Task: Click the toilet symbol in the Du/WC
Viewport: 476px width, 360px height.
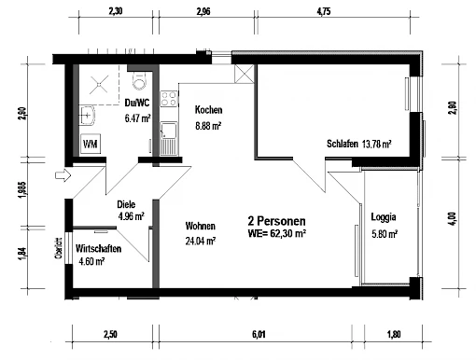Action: coord(139,80)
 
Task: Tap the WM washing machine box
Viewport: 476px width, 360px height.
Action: coord(91,144)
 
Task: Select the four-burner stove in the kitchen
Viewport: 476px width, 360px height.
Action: coord(169,99)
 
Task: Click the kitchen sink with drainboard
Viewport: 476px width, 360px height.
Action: coord(169,139)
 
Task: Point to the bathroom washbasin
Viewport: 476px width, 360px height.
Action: coord(87,116)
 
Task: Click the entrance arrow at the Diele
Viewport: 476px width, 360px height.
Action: coord(63,175)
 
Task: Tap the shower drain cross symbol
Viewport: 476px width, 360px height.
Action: coord(99,84)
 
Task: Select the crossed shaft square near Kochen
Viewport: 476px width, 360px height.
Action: coord(245,74)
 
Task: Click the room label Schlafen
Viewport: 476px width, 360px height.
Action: coord(343,144)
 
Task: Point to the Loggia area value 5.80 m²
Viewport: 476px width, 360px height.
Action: coord(385,233)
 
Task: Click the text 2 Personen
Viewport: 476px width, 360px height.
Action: coord(276,221)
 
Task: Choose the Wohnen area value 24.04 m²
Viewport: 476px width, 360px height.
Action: coord(201,241)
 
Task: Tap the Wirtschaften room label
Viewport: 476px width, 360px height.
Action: coord(98,249)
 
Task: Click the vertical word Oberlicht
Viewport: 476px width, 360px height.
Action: coord(58,248)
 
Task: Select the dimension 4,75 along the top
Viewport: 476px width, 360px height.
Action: coord(324,11)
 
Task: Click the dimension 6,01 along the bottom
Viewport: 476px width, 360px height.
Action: coord(259,335)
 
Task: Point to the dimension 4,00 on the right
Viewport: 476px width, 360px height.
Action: coord(453,219)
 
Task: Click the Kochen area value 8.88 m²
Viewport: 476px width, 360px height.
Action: coord(208,126)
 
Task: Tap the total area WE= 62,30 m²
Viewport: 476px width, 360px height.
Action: coord(276,233)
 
